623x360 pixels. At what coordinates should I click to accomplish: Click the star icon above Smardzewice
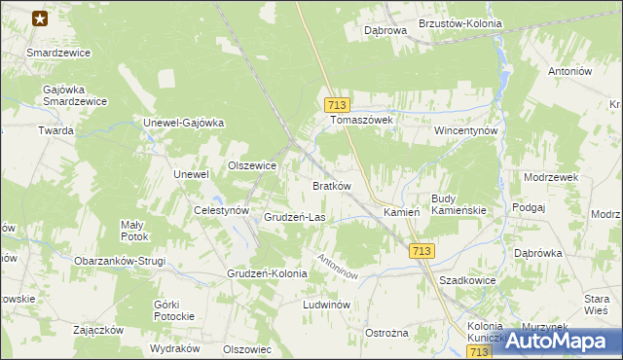(x=40, y=18)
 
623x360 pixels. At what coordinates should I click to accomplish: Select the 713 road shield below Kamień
(x=421, y=251)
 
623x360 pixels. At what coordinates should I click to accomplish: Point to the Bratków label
(x=331, y=185)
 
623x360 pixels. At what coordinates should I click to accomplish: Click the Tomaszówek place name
(x=361, y=120)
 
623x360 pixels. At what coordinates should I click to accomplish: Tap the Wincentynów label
(x=466, y=129)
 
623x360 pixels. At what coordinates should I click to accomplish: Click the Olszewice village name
(x=252, y=165)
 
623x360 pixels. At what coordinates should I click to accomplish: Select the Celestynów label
(x=223, y=210)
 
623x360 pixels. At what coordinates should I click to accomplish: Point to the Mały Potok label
(x=134, y=230)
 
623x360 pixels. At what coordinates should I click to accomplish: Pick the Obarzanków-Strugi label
(x=120, y=261)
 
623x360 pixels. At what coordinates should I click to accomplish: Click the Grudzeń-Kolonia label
(x=267, y=273)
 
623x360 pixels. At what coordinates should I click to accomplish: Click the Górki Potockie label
(x=174, y=310)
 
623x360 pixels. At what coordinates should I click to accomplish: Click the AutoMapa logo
(x=559, y=342)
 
